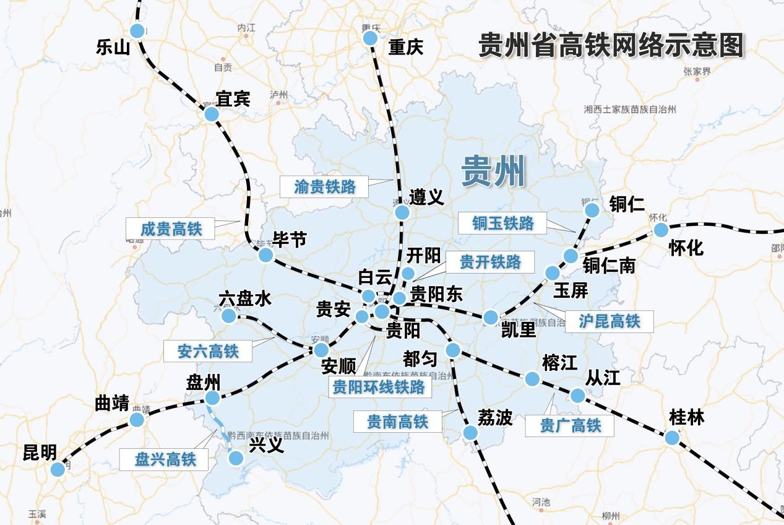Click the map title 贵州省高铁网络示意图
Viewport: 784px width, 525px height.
pyautogui.click(x=611, y=45)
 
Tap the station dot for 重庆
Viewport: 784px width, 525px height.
pyautogui.click(x=370, y=38)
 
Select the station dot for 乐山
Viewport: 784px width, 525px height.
pyautogui.click(x=137, y=30)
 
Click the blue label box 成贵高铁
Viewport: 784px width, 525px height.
pyautogui.click(x=171, y=228)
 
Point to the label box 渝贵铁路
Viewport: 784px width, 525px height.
pyautogui.click(x=324, y=186)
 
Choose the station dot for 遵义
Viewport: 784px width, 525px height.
pyautogui.click(x=402, y=212)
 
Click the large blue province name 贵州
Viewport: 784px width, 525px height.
pyautogui.click(x=493, y=171)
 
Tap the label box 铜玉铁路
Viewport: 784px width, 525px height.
pyautogui.click(x=502, y=223)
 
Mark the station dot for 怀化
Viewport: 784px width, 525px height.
pyautogui.click(x=661, y=230)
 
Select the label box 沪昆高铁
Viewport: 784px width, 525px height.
pyautogui.click(x=609, y=321)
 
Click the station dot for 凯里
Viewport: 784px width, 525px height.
pyautogui.click(x=491, y=318)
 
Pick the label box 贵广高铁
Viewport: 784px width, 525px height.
pyautogui.click(x=570, y=425)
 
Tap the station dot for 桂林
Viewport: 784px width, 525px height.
pyautogui.click(x=672, y=438)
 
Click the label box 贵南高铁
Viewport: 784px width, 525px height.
pyautogui.click(x=397, y=422)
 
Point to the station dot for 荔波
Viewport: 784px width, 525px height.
pyautogui.click(x=470, y=433)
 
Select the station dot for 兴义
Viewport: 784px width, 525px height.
pyautogui.click(x=235, y=458)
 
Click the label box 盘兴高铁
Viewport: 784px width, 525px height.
pyautogui.click(x=165, y=459)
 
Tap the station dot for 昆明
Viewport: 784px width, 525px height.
pyautogui.click(x=58, y=469)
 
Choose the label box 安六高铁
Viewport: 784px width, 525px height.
pyautogui.click(x=208, y=351)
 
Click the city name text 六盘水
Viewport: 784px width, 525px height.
pyautogui.click(x=245, y=299)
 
